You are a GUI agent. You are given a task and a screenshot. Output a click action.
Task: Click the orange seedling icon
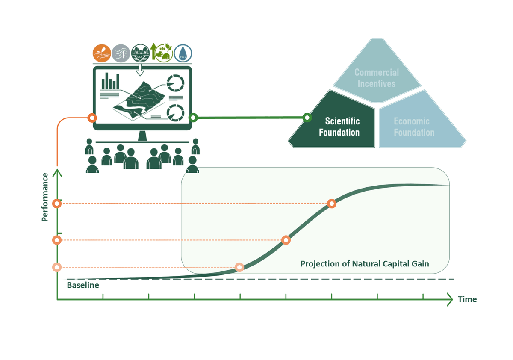coord(102,53)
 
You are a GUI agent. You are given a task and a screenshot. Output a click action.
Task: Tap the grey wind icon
coord(121,53)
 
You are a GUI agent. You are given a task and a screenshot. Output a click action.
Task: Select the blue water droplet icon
coord(183,53)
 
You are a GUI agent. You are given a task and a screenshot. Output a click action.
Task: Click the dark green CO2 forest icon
coord(140,53)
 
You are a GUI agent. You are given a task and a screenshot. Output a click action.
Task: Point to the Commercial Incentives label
coord(377,78)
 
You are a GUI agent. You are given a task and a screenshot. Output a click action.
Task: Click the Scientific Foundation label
coord(339,127)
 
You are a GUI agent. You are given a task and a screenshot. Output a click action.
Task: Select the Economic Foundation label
coord(414,127)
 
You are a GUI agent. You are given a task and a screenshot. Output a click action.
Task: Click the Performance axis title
coord(45,197)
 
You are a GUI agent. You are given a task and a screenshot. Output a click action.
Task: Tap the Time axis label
coord(467,299)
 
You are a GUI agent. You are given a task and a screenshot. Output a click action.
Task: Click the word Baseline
coord(83,285)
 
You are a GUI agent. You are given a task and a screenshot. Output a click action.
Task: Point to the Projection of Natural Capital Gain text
coord(365,264)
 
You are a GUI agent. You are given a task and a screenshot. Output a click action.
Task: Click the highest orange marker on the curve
coord(332,204)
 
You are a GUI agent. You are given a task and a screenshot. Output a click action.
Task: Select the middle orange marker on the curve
coord(286,240)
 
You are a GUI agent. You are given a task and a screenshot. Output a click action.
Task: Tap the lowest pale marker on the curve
coord(239,267)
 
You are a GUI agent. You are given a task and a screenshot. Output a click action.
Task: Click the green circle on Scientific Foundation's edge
coord(307,118)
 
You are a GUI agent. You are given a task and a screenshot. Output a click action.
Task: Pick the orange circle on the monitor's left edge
coord(92,118)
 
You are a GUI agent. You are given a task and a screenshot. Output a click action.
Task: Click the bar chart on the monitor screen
coord(110,81)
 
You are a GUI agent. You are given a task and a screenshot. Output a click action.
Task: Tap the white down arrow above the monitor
coord(140,70)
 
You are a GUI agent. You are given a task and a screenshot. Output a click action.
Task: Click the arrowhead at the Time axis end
coord(450,299)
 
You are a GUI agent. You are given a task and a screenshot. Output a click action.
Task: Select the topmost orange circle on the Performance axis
coord(57,204)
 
